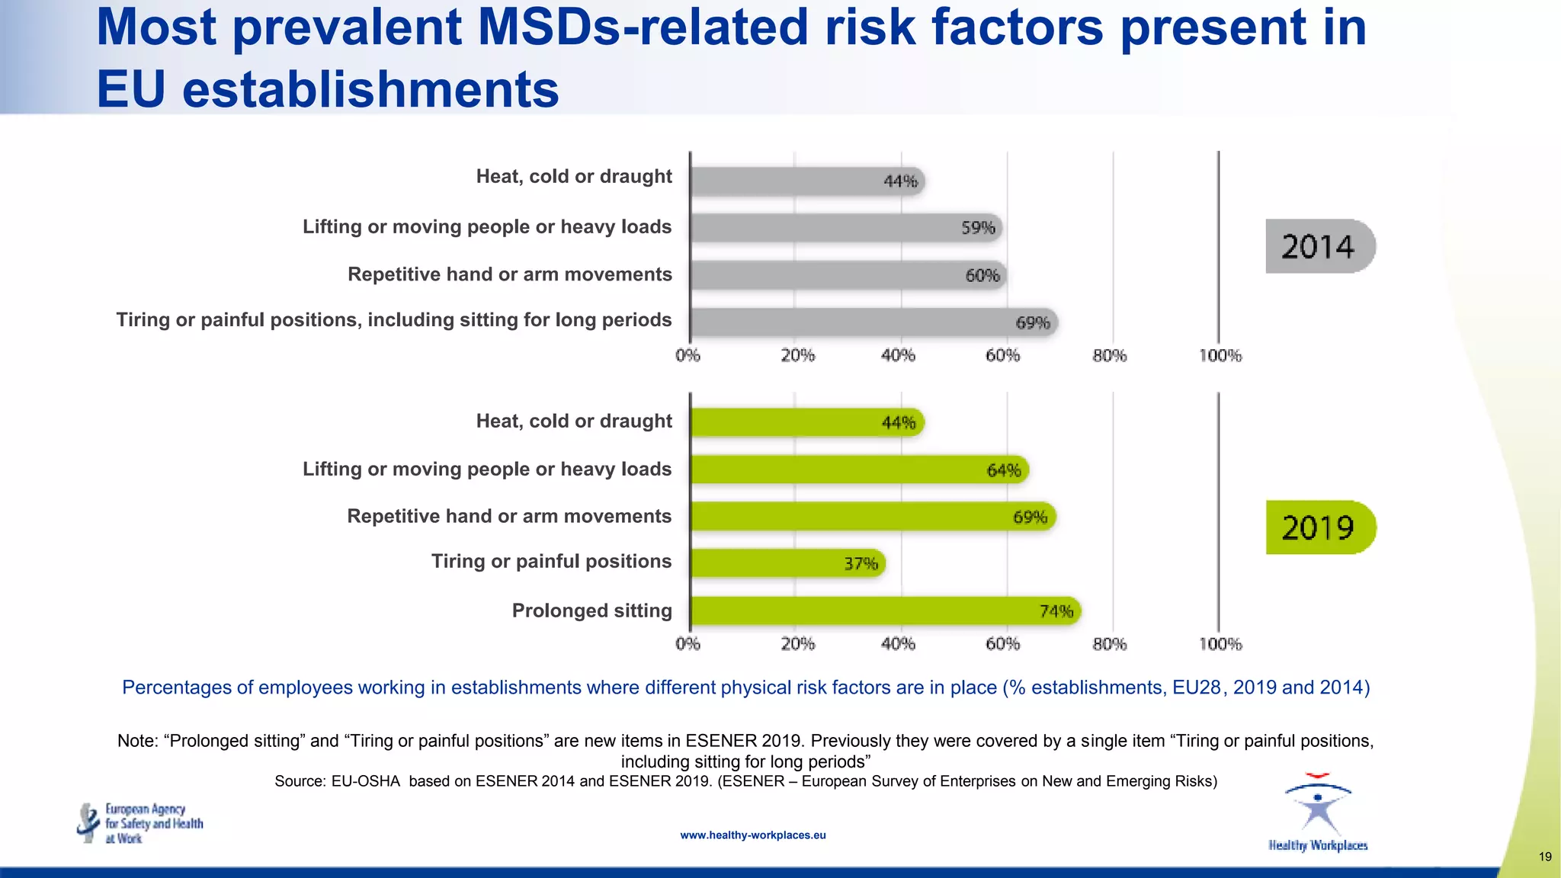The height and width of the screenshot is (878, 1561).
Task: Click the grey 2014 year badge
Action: [1319, 246]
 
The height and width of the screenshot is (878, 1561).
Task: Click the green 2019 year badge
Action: [1319, 527]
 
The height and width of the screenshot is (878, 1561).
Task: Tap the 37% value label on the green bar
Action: [861, 564]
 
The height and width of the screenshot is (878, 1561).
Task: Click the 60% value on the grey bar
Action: [982, 275]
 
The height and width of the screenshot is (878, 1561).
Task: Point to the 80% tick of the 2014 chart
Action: [1109, 356]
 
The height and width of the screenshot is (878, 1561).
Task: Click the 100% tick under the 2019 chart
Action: [1220, 645]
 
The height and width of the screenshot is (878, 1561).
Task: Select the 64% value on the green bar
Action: [1003, 470]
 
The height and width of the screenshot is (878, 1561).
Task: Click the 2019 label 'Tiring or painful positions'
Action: [551, 562]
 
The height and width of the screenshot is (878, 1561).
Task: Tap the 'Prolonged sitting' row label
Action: [591, 610]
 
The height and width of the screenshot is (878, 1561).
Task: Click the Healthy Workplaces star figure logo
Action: [1318, 808]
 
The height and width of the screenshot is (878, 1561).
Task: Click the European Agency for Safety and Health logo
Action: [141, 823]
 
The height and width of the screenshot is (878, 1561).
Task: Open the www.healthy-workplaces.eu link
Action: [752, 835]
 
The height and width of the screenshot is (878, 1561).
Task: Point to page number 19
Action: [1545, 857]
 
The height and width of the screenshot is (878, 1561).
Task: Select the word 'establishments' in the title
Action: [370, 90]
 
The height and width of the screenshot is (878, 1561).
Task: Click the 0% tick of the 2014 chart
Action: [688, 356]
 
